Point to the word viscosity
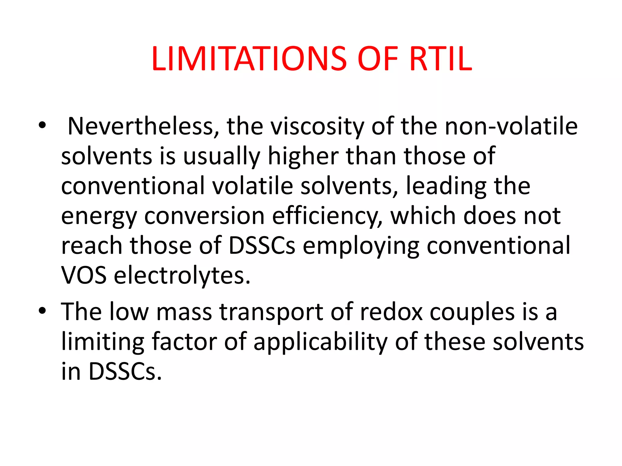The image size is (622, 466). pos(317,126)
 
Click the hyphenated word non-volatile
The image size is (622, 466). pos(511,126)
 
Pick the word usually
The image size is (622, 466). pos(222,157)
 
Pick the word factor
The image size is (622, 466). pos(184,342)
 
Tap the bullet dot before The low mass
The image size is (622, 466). pos(42,310)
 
